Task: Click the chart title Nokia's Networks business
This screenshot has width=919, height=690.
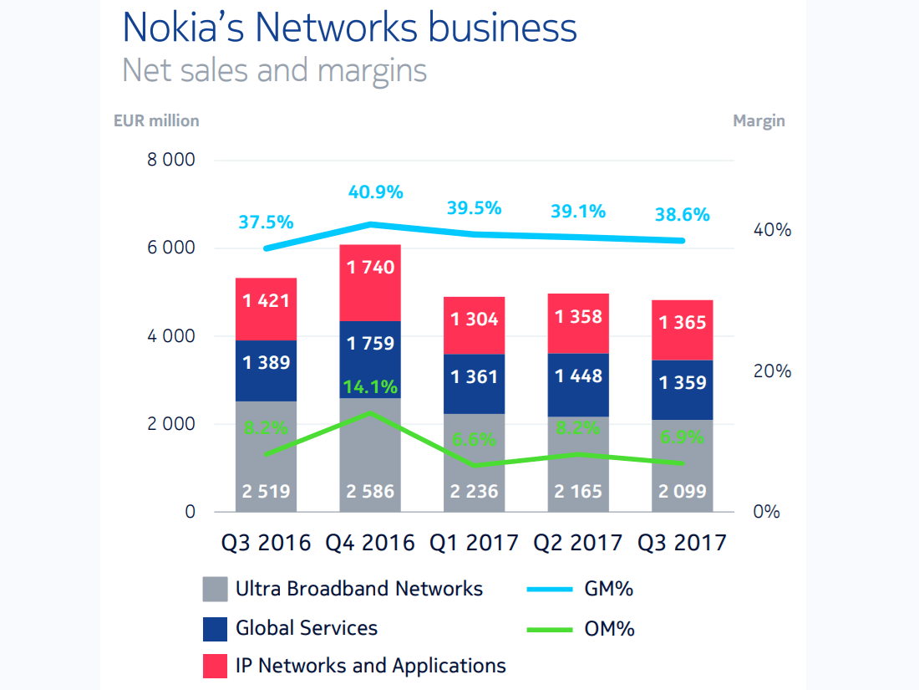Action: pyautogui.click(x=349, y=28)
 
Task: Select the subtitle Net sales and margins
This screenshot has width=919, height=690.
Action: pyautogui.click(x=274, y=70)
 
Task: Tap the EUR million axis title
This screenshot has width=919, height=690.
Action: pyautogui.click(x=156, y=120)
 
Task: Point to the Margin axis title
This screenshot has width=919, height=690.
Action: pyautogui.click(x=759, y=120)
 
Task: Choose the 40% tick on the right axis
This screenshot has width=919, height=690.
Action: pyautogui.click(x=772, y=230)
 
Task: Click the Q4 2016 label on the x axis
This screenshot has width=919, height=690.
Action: pyautogui.click(x=370, y=543)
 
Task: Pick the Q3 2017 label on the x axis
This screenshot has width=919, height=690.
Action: pyautogui.click(x=682, y=543)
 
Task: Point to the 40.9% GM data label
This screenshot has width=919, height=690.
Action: pyautogui.click(x=376, y=192)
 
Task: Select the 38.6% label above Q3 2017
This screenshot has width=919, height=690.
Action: pyautogui.click(x=682, y=215)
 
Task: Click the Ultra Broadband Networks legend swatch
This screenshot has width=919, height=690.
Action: pyautogui.click(x=215, y=590)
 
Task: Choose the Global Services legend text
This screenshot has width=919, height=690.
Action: pyautogui.click(x=307, y=627)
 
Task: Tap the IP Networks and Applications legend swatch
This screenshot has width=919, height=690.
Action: pyautogui.click(x=215, y=667)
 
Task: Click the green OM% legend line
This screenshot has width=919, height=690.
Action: pyautogui.click(x=549, y=629)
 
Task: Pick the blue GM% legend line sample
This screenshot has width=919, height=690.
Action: pyautogui.click(x=549, y=590)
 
